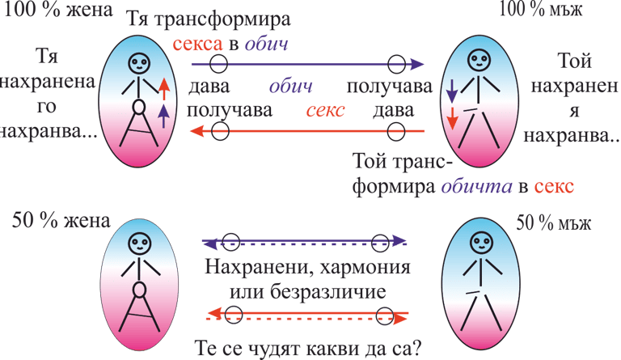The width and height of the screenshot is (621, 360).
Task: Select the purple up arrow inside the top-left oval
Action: point(163,116)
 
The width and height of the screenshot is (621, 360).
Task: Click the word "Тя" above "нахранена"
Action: point(49,57)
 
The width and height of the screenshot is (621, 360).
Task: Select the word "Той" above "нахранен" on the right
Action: point(576,61)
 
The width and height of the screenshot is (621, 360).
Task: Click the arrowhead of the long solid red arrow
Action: point(193,130)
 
